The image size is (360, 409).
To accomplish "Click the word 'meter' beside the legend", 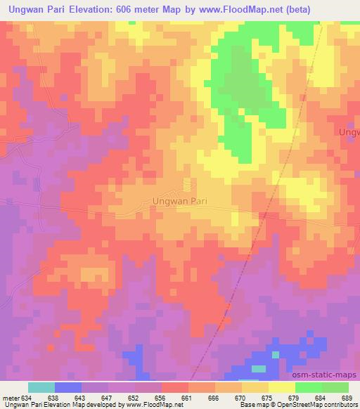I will (12, 397).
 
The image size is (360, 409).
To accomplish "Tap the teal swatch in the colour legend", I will (41, 387).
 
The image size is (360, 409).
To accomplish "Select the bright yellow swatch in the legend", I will (282, 387).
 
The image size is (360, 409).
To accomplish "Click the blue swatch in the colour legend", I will (68, 387).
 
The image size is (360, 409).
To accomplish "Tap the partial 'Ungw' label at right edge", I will (349, 131).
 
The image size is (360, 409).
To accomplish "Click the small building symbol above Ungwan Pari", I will (187, 183).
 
